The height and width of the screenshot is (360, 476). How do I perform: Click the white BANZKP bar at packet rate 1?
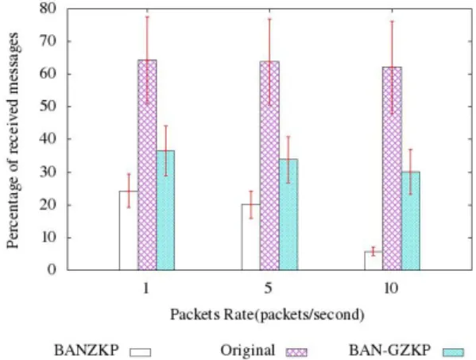[x=129, y=230]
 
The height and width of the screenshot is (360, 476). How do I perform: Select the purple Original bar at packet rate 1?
[x=147, y=165]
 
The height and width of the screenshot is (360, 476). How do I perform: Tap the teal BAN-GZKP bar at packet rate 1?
[x=166, y=210]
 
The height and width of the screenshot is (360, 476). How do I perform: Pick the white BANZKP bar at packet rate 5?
[x=251, y=237]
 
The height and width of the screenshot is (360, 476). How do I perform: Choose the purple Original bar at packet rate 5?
[x=269, y=165]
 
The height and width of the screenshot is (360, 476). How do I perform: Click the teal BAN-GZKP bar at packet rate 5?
[x=288, y=215]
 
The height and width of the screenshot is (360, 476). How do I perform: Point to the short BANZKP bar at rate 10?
[x=373, y=261]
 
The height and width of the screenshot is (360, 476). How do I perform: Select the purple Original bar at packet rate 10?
[x=392, y=168]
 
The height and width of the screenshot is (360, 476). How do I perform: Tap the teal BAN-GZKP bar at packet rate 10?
[x=411, y=221]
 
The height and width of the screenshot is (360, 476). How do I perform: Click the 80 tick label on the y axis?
[x=48, y=8]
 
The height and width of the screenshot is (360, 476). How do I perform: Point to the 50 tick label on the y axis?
[x=48, y=106]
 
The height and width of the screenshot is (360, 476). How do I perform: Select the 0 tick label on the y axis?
[x=52, y=270]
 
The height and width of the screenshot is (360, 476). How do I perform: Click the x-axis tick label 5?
[x=269, y=288]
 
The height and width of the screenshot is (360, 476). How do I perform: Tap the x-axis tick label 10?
[x=391, y=288]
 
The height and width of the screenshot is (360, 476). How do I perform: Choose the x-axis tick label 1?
[x=146, y=288]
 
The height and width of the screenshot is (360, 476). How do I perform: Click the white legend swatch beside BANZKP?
[x=140, y=352]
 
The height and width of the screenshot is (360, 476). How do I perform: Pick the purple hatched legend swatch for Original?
[x=296, y=352]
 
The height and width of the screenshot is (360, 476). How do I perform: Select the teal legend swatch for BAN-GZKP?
[x=454, y=352]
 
